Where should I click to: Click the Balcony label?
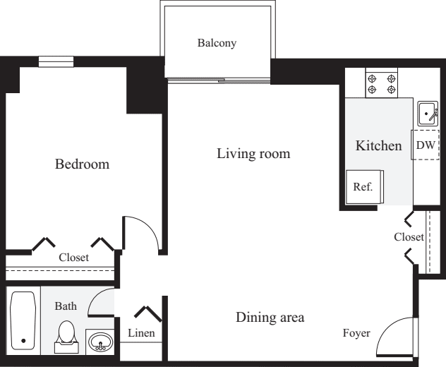(x=217, y=43)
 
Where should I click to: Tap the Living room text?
(x=253, y=153)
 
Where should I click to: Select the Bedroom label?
(x=83, y=164)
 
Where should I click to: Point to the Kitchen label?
(x=378, y=146)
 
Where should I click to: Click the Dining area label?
(x=270, y=318)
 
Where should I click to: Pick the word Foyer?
(x=356, y=333)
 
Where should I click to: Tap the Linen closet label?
(x=142, y=332)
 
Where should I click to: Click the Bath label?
(x=66, y=306)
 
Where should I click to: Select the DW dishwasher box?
(x=426, y=145)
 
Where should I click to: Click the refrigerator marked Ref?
(x=364, y=187)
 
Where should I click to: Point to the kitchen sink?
(x=428, y=113)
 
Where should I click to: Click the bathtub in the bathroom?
(x=23, y=321)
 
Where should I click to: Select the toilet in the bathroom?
(x=66, y=335)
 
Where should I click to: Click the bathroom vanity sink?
(x=100, y=342)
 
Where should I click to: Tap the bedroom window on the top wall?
(x=56, y=62)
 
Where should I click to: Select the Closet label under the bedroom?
(x=74, y=258)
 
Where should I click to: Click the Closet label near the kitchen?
(x=409, y=237)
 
